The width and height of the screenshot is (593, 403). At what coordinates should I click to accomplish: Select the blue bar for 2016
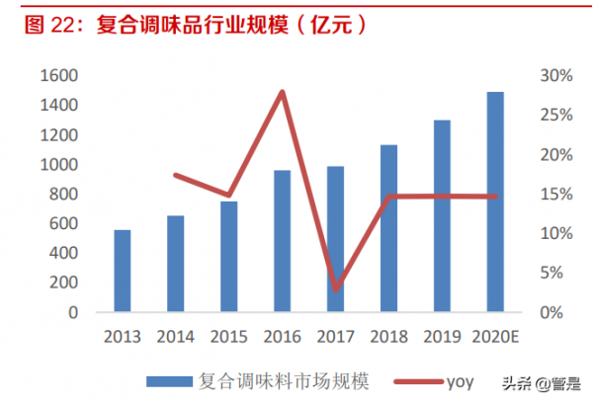pos(282,241)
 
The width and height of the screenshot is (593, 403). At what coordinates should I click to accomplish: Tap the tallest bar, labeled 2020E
pos(495,201)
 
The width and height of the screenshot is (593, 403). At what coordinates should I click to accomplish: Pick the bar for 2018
pos(388,228)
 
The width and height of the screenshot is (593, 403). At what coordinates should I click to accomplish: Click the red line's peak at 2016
pos(282,92)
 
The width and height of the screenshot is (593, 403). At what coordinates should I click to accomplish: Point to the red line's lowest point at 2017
pos(336,289)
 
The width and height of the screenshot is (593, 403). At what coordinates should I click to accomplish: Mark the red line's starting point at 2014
pos(175,175)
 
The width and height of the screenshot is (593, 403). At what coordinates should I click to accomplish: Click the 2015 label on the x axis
pos(228,336)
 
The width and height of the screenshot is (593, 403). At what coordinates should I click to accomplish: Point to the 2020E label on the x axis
pos(495,336)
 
